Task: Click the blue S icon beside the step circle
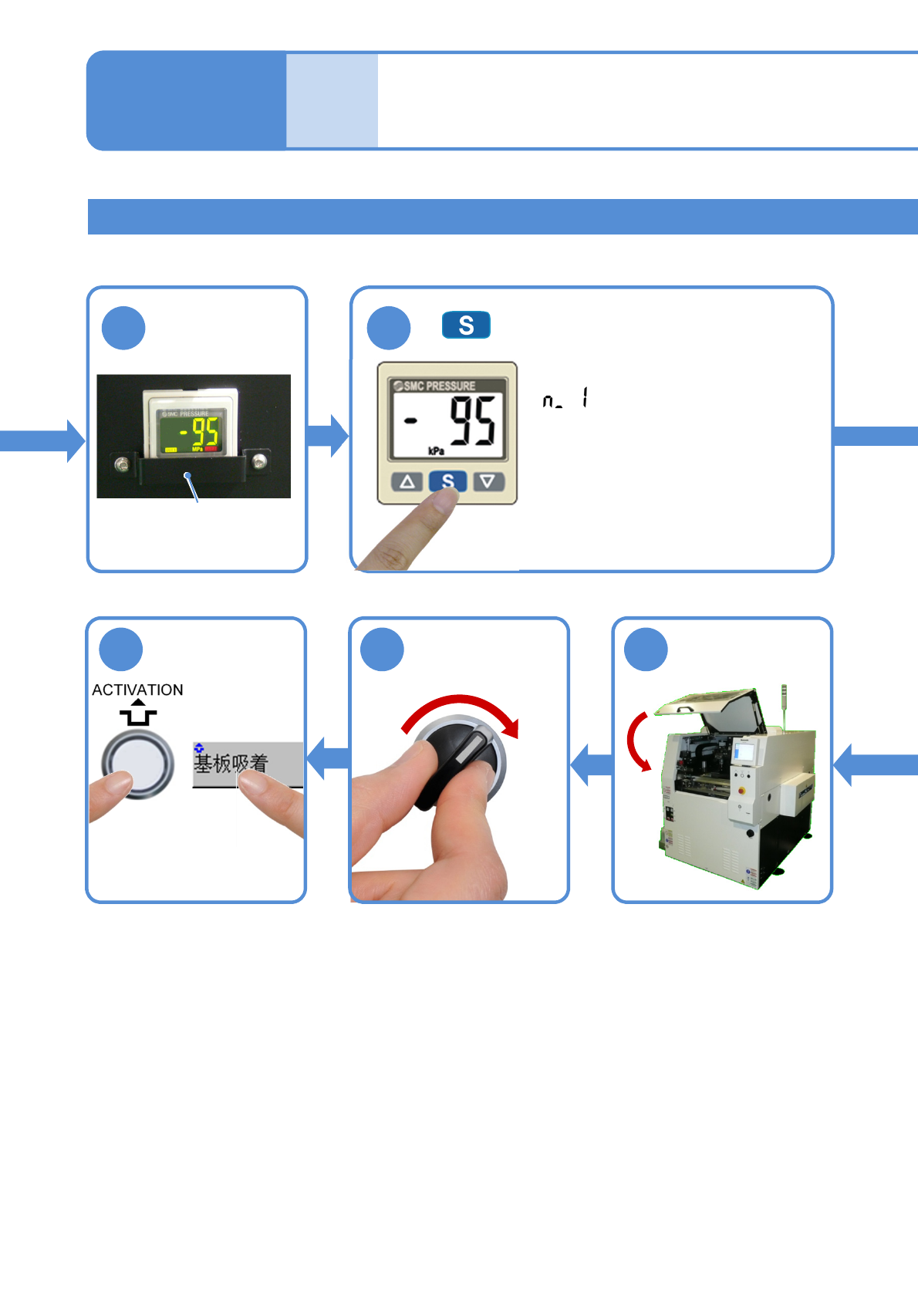[466, 325]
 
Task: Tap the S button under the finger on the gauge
[447, 481]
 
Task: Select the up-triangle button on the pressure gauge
[407, 482]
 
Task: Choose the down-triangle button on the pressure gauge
[488, 482]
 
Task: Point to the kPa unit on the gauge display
[436, 450]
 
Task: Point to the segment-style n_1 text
[565, 400]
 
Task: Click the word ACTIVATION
[137, 690]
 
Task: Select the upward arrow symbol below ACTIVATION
[137, 714]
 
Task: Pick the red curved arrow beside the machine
[636, 741]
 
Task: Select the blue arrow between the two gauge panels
[328, 436]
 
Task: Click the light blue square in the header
[332, 100]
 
